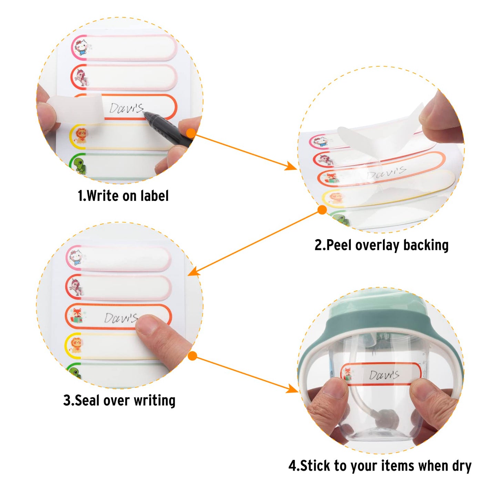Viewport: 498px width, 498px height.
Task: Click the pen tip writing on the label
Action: click(x=144, y=113)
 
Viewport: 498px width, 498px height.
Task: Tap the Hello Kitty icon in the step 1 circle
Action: click(x=81, y=47)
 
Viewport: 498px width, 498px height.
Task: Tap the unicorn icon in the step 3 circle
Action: click(x=77, y=286)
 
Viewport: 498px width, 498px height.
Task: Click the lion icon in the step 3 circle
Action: click(x=76, y=345)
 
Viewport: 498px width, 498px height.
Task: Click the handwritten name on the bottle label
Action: click(x=384, y=375)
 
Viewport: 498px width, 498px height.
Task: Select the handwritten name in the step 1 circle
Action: click(x=126, y=108)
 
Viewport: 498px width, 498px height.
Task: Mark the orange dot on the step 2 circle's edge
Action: click(x=322, y=210)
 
